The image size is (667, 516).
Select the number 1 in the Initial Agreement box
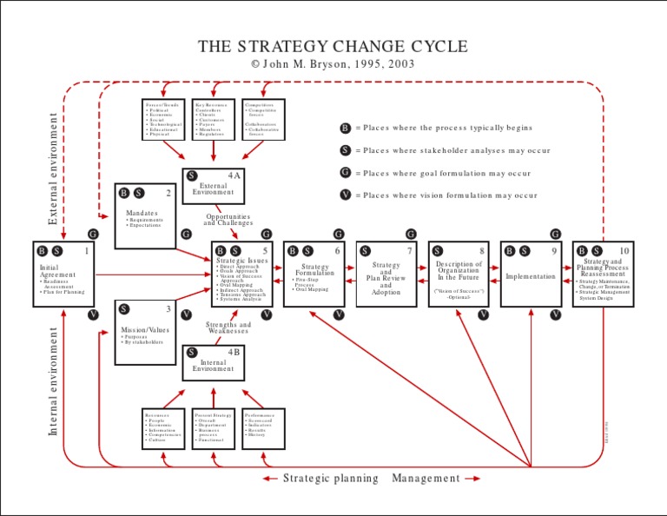click(x=87, y=251)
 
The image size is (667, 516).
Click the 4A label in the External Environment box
click(x=234, y=175)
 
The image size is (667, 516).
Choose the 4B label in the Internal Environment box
click(x=234, y=352)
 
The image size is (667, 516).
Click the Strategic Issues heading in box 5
click(x=242, y=261)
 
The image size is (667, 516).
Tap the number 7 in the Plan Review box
click(x=409, y=251)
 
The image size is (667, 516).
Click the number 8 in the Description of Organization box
click(x=481, y=251)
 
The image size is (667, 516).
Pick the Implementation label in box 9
click(x=531, y=276)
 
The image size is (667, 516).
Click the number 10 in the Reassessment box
click(x=624, y=251)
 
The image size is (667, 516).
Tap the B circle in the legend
click(x=346, y=128)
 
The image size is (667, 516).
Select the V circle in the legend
click(x=346, y=195)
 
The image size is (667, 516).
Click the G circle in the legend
click(x=346, y=173)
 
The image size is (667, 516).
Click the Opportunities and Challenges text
click(x=228, y=220)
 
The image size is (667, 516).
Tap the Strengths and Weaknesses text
click(x=228, y=327)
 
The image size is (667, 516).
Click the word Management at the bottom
click(x=426, y=478)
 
